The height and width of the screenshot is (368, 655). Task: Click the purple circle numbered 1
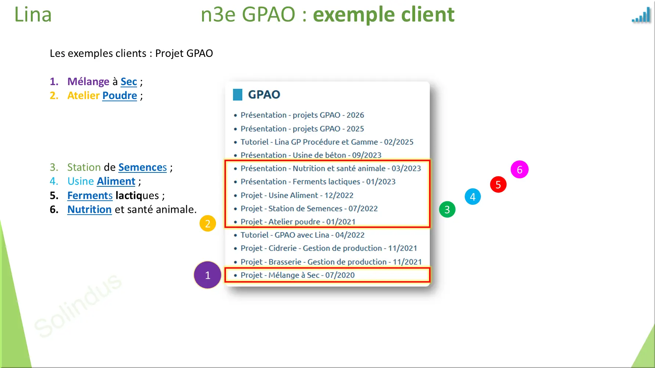pyautogui.click(x=208, y=275)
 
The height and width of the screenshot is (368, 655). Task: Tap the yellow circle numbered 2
pyautogui.click(x=208, y=223)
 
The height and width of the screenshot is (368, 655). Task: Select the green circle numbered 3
pyautogui.click(x=447, y=209)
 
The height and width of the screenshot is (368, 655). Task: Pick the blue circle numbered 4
pyautogui.click(x=473, y=197)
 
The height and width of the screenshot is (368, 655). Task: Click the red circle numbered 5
pyautogui.click(x=498, y=184)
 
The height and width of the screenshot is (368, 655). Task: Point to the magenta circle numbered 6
pyautogui.click(x=519, y=170)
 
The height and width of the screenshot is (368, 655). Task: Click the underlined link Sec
pyautogui.click(x=129, y=82)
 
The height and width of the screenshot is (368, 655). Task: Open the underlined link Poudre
pyautogui.click(x=119, y=96)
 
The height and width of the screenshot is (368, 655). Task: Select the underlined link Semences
pyautogui.click(x=143, y=168)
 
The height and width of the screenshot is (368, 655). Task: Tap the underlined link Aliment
pyautogui.click(x=116, y=182)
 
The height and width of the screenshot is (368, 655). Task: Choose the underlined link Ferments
pyautogui.click(x=90, y=196)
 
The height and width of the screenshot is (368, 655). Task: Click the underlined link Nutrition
pyautogui.click(x=90, y=209)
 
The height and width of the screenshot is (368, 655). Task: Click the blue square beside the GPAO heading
pyautogui.click(x=238, y=95)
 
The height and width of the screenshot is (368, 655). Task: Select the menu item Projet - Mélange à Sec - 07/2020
pyautogui.click(x=298, y=275)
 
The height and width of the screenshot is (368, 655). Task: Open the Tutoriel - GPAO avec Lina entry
pyautogui.click(x=302, y=235)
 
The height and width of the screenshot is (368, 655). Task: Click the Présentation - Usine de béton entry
pyautogui.click(x=311, y=155)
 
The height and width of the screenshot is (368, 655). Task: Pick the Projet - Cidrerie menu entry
pyautogui.click(x=329, y=248)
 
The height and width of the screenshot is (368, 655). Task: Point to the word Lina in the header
pyautogui.click(x=33, y=15)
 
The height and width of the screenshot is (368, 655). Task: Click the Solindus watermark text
pyautogui.click(x=78, y=305)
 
